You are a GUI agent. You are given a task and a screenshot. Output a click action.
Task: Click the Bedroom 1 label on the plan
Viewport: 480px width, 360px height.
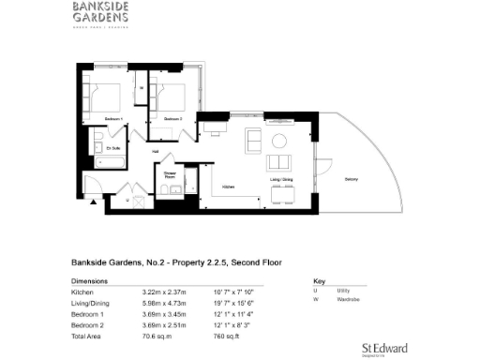[113, 120]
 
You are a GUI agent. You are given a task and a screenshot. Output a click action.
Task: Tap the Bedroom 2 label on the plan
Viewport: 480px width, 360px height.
[172, 120]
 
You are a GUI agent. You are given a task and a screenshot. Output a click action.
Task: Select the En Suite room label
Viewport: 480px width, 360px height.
[112, 148]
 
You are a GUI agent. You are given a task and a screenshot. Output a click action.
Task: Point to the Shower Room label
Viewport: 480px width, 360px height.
[171, 174]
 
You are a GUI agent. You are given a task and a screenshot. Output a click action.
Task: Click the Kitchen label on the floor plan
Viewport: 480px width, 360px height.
[228, 186]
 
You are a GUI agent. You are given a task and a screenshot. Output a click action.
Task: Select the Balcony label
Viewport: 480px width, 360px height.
[351, 177]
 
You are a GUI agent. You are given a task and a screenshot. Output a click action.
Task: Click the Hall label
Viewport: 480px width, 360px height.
[156, 151]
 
